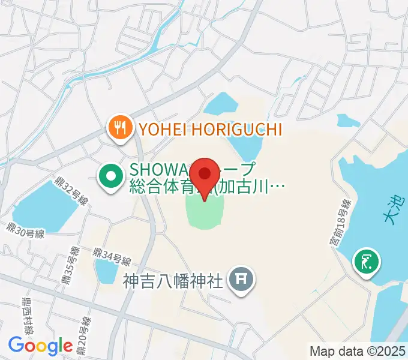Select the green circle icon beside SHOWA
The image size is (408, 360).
click(x=111, y=178)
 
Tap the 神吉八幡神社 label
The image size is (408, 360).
click(x=173, y=280)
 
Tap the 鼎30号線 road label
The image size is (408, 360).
click(x=26, y=231)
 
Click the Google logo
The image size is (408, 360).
click(x=40, y=346)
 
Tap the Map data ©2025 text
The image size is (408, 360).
click(x=357, y=350)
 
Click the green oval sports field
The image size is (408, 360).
click(x=206, y=211)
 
